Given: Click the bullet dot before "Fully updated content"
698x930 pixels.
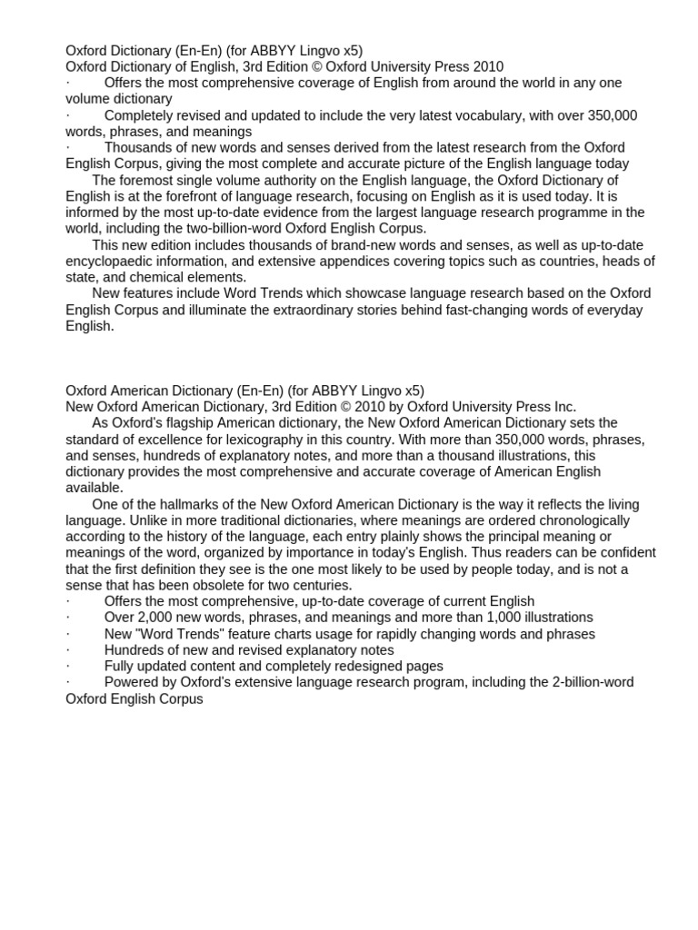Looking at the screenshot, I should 68,667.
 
